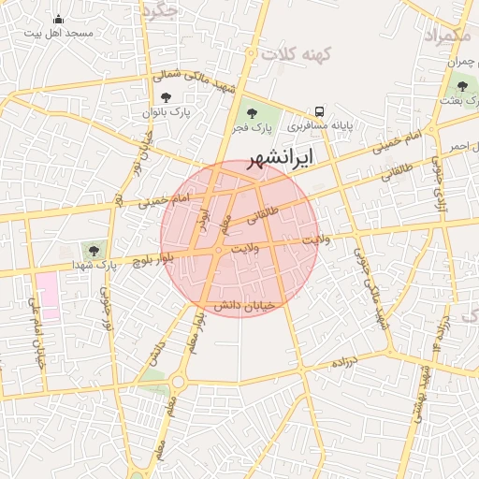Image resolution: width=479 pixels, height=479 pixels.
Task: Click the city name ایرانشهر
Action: click(280, 155)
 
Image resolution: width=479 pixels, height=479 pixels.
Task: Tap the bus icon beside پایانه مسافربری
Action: click(320, 110)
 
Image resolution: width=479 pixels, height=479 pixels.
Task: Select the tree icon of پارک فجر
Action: click(252, 111)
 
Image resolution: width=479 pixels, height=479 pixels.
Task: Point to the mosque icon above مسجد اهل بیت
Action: click(59, 19)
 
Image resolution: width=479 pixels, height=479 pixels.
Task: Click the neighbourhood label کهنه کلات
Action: click(298, 54)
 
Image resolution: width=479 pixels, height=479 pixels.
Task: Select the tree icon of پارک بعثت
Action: click(461, 87)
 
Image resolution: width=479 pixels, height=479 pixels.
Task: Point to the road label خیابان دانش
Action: click(245, 306)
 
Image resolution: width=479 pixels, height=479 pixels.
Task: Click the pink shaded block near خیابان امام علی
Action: click(47, 298)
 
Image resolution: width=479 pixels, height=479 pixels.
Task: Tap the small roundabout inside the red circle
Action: click(218, 251)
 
